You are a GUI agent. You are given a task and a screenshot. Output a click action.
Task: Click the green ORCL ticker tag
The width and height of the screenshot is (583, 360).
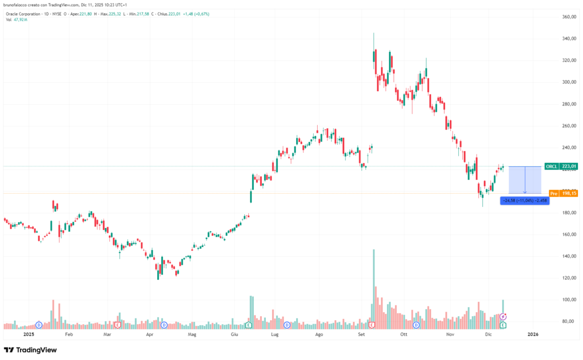tap(551, 166)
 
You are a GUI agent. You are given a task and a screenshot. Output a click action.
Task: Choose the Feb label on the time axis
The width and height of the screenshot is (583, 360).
tap(69, 335)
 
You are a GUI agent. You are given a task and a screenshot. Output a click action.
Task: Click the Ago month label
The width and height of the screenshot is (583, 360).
tap(319, 335)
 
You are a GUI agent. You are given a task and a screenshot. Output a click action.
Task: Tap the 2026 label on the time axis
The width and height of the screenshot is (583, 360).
tap(532, 335)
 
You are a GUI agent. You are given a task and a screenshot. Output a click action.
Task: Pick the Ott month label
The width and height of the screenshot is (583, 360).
tap(404, 335)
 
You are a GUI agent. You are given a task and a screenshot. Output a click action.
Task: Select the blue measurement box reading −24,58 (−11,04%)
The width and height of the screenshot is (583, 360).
tap(524, 201)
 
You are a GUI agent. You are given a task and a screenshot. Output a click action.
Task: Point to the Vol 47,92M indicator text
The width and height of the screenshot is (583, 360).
tap(18, 20)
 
